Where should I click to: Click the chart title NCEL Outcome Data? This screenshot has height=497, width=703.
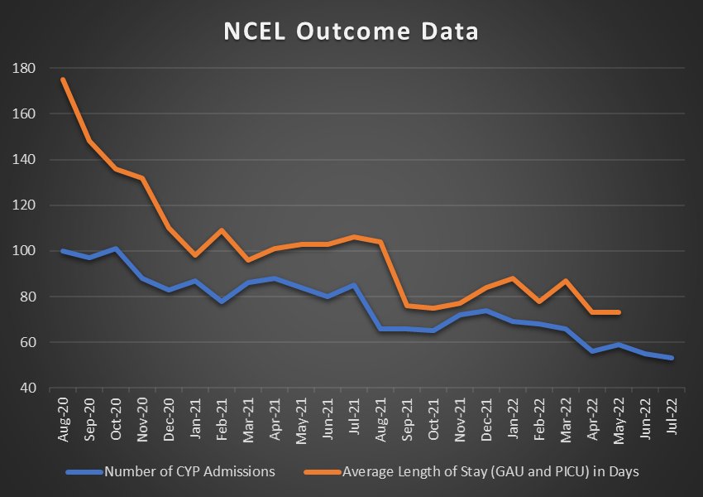coord(351,31)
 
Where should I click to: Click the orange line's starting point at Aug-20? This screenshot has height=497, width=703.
coord(63,80)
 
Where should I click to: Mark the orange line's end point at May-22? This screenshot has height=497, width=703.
coord(619,312)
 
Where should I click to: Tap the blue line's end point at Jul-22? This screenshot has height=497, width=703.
coord(672,358)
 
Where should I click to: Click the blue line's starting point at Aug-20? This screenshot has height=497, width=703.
coord(63,251)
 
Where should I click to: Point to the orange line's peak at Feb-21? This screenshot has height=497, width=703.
coord(222,230)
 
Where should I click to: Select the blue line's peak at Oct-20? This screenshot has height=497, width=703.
coord(116,248)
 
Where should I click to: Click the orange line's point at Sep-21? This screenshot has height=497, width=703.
coord(407,306)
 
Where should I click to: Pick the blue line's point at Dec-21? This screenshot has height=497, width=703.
coord(486,311)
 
